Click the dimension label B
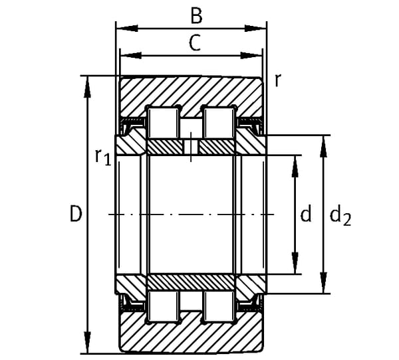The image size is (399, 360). [196, 16]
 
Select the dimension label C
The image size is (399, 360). [195, 43]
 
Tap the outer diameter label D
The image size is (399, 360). [76, 214]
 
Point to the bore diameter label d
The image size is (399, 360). [306, 213]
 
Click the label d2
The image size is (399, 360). [340, 216]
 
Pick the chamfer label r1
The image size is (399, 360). [103, 157]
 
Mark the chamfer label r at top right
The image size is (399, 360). [277, 81]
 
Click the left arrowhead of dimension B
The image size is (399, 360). [127, 28]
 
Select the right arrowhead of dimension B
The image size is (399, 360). [255, 28]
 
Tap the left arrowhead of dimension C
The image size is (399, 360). [130, 55]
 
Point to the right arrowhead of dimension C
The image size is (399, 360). [251, 55]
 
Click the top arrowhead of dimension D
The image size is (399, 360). [87, 87]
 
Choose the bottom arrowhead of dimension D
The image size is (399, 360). [87, 342]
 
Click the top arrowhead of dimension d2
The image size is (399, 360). [323, 147]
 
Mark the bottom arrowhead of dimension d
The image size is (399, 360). [295, 263]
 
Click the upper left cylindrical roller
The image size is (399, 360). [164, 123]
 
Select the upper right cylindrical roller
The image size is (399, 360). [219, 123]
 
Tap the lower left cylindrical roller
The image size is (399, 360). [164, 306]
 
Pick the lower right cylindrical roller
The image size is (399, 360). [219, 306]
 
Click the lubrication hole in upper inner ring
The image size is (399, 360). [191, 147]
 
